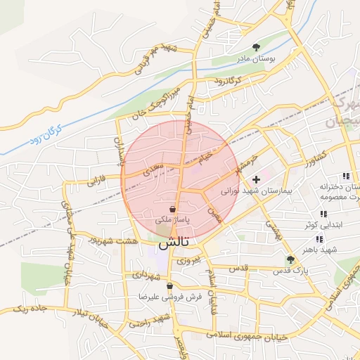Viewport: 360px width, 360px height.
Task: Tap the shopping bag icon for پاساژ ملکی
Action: click(x=172, y=209)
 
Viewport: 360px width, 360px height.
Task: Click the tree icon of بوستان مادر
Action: click(x=264, y=46)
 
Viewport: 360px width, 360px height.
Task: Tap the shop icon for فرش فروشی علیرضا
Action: click(x=169, y=286)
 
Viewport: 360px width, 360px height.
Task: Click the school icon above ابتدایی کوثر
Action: click(x=323, y=214)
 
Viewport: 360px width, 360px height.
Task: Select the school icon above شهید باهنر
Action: click(x=320, y=238)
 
